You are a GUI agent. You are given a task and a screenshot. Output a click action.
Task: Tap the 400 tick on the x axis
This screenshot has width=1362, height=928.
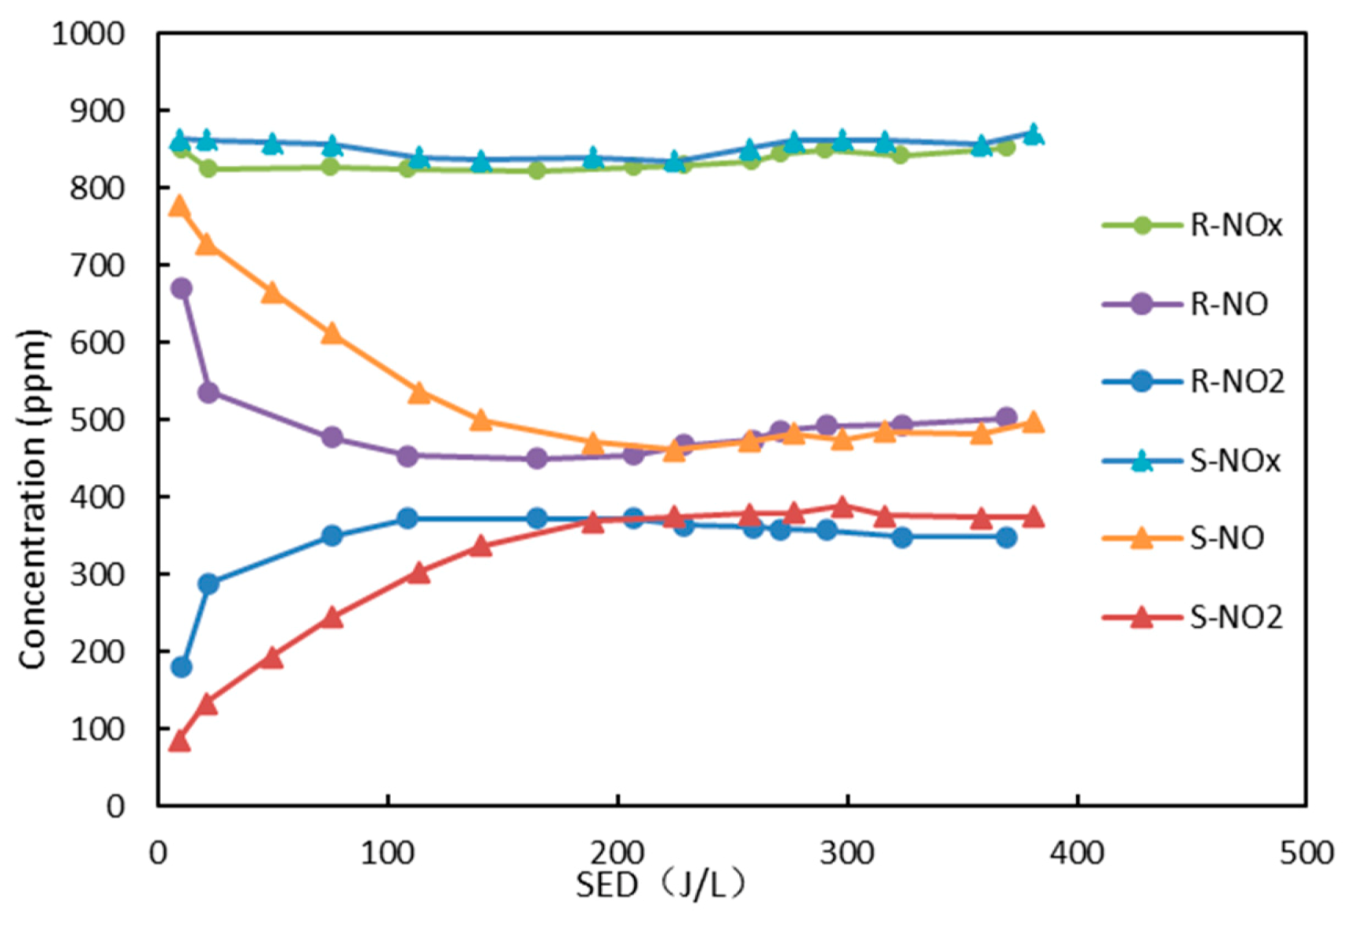pos(1077,853)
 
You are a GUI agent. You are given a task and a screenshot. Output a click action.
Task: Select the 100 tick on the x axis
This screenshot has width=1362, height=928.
pos(387,853)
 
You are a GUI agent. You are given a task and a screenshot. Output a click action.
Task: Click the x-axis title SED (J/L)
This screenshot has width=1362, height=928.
pos(660,885)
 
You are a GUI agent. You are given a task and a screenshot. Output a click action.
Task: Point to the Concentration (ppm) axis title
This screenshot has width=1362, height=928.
pos(33,499)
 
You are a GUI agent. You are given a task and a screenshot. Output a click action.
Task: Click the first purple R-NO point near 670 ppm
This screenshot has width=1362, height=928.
pos(181,288)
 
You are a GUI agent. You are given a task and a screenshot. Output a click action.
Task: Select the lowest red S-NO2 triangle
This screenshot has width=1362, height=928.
pos(179,741)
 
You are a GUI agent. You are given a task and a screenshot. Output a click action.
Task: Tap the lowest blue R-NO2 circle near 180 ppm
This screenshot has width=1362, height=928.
pos(181,667)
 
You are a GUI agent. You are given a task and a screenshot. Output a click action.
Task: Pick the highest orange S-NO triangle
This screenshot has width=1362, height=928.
pos(179,207)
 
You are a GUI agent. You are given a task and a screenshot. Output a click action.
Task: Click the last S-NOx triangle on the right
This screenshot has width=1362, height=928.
pos(1033,134)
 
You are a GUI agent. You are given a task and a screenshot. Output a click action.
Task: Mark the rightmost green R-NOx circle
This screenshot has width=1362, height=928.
pos(1006,147)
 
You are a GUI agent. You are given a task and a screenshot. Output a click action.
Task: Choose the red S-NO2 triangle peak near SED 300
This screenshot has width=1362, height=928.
pos(842,507)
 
